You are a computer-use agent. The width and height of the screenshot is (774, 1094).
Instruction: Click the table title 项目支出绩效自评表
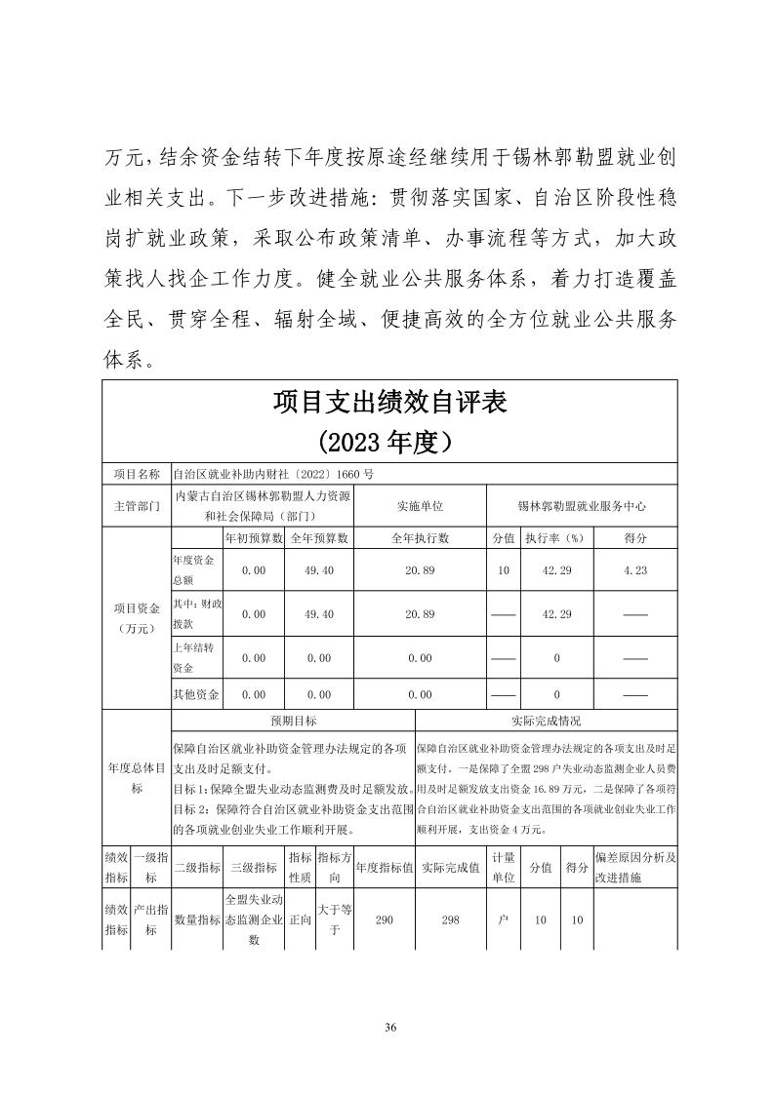click(388, 402)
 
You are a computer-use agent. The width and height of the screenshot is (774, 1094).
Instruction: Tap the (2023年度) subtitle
click(388, 443)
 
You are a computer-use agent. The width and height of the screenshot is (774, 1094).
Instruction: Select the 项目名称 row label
click(137, 474)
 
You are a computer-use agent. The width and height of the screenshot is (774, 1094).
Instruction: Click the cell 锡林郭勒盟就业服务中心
click(582, 507)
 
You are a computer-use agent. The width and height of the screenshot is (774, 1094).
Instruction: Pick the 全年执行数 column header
click(420, 538)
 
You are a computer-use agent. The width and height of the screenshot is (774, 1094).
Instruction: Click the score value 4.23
click(634, 569)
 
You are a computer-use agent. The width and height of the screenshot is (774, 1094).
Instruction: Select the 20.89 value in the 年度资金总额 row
click(420, 569)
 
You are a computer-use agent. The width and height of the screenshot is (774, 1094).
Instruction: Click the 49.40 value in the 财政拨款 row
click(319, 614)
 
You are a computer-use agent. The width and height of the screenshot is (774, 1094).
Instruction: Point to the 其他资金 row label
click(195, 695)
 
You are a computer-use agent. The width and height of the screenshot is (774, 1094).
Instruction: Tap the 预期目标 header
click(293, 722)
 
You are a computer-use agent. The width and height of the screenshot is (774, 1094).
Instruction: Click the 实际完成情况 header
click(547, 722)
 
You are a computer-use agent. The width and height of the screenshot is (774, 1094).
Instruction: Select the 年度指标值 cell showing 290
click(384, 919)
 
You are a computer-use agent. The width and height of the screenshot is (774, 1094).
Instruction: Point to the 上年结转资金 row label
click(195, 657)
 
